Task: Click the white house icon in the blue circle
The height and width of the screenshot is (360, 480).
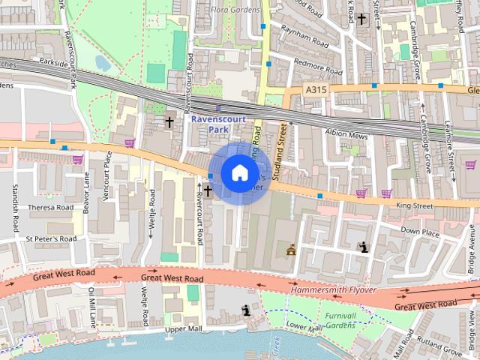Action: click(239, 172)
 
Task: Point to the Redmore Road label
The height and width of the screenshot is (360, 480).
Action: click(318, 66)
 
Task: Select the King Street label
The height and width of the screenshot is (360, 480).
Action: click(415, 204)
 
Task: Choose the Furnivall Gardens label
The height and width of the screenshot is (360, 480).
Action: click(340, 321)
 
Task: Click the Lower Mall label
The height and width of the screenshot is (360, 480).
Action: click(304, 327)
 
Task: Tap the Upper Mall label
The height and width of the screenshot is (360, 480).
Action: click(184, 329)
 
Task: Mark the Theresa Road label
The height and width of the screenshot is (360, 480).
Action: click(50, 208)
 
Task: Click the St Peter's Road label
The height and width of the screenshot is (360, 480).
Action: click(50, 238)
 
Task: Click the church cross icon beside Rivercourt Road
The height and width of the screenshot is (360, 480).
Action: click(206, 190)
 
